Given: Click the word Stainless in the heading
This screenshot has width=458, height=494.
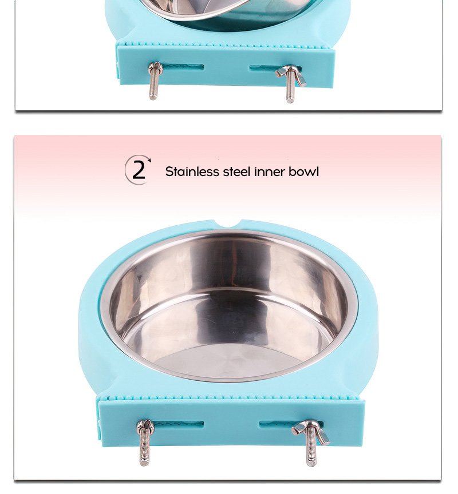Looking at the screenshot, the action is pos(192,172).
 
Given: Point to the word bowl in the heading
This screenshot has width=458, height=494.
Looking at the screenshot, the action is pos(304,172).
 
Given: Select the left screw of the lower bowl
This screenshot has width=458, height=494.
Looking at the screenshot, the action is pos(144,442).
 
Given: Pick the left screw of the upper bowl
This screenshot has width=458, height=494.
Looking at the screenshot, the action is pos(154,81).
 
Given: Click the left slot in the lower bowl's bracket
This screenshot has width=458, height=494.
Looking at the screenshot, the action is pos(177,424).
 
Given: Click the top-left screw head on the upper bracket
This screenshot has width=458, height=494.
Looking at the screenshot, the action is pos(155,66).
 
